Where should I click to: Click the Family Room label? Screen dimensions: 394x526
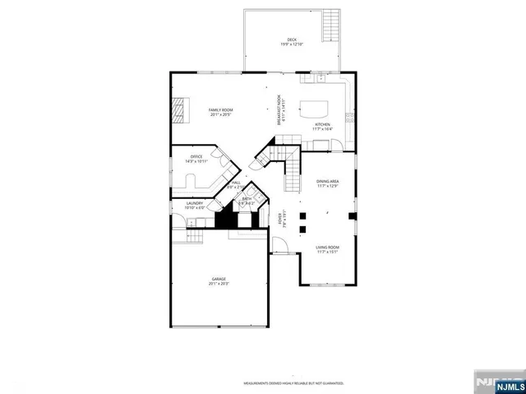(x=220, y=110)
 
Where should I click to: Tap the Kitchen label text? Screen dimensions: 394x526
(x=322, y=124)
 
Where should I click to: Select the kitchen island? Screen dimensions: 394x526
(x=313, y=105)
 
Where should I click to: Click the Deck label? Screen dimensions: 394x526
(x=292, y=39)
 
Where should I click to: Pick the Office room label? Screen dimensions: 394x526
(x=196, y=156)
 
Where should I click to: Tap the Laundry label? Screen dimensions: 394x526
(x=194, y=203)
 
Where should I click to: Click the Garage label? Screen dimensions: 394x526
(x=219, y=280)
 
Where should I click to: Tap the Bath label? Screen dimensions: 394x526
(x=246, y=198)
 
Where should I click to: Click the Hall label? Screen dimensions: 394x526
(x=236, y=183)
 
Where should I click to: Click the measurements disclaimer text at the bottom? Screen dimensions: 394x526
(x=292, y=382)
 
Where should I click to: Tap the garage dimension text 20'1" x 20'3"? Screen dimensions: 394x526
(x=219, y=284)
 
